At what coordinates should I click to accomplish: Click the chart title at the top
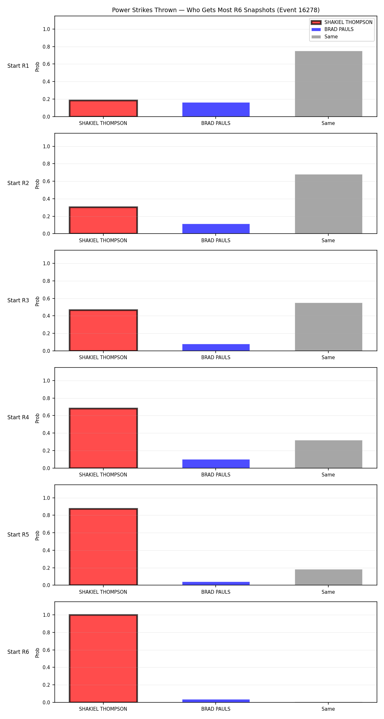(x=216, y=10)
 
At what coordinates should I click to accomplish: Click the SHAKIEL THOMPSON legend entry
(x=342, y=22)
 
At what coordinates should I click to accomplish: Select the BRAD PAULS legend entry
(x=332, y=29)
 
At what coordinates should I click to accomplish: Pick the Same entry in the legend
(x=324, y=37)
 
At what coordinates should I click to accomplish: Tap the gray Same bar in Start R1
(x=328, y=84)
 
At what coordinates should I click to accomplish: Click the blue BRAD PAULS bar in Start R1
(x=216, y=110)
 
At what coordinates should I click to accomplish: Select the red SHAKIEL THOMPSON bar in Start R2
(x=103, y=220)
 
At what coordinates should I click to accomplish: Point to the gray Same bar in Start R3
(x=328, y=327)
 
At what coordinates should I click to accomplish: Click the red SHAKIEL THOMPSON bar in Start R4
(x=103, y=438)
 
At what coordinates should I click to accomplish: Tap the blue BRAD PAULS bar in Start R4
(x=216, y=464)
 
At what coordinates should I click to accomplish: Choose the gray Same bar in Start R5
(x=328, y=577)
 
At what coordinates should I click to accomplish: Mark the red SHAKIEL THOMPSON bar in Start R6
(x=103, y=658)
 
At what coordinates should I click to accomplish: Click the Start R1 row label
(x=18, y=66)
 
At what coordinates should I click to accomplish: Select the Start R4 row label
(x=18, y=417)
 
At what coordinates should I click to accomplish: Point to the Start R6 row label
(x=18, y=652)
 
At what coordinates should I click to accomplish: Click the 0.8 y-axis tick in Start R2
(x=46, y=164)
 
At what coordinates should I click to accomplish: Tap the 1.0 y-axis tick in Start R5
(x=46, y=498)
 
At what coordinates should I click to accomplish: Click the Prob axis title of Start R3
(x=37, y=301)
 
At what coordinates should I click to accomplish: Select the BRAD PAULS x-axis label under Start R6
(x=216, y=709)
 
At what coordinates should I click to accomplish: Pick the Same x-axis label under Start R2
(x=328, y=241)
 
